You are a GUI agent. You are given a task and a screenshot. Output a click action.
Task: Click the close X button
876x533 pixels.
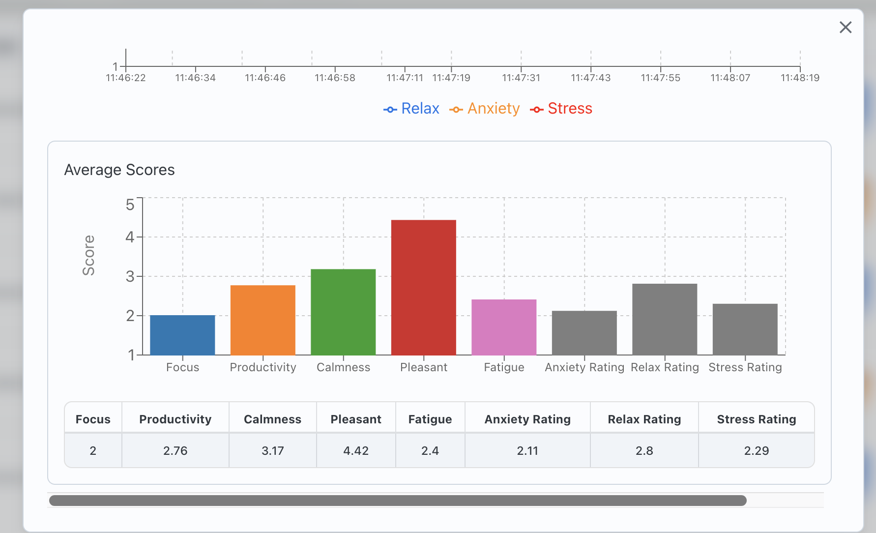pyautogui.click(x=845, y=28)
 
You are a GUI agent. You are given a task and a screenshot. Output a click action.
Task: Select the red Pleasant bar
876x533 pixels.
pyautogui.click(x=423, y=288)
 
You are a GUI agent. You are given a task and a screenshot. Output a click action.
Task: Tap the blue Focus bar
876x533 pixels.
pyautogui.click(x=182, y=335)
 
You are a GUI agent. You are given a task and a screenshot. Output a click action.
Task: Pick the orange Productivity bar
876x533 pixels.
pyautogui.click(x=263, y=320)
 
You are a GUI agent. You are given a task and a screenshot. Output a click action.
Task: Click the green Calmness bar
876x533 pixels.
pyautogui.click(x=343, y=312)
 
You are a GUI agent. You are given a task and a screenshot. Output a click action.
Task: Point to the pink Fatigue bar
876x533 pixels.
pyautogui.click(x=504, y=327)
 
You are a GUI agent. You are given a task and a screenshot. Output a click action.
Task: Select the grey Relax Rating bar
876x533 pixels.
pyautogui.click(x=665, y=319)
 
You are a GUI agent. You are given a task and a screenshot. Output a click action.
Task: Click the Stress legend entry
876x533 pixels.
pyautogui.click(x=561, y=109)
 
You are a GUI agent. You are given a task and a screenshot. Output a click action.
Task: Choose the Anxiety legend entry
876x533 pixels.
pyautogui.click(x=485, y=109)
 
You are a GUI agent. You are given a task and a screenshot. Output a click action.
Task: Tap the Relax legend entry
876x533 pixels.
pyautogui.click(x=411, y=109)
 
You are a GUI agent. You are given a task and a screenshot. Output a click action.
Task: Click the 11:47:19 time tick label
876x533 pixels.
pyautogui.click(x=451, y=78)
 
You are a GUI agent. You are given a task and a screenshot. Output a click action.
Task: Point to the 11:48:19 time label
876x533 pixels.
pyautogui.click(x=800, y=78)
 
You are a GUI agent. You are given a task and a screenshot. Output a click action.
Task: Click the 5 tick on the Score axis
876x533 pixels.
pyautogui.click(x=130, y=205)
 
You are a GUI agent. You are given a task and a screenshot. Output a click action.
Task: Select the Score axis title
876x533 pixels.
pyautogui.click(x=88, y=255)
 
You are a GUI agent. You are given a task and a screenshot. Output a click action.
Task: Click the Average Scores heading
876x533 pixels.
pyautogui.click(x=119, y=170)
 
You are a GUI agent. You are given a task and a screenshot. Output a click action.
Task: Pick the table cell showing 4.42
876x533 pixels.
pyautogui.click(x=356, y=450)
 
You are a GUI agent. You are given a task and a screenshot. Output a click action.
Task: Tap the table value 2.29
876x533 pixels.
pyautogui.click(x=756, y=450)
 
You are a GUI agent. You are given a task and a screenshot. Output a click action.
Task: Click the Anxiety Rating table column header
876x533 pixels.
pyautogui.click(x=527, y=419)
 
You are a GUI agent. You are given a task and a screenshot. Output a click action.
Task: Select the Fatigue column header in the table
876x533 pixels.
pyautogui.click(x=430, y=419)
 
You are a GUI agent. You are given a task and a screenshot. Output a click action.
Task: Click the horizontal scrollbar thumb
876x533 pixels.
pyautogui.click(x=397, y=501)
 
